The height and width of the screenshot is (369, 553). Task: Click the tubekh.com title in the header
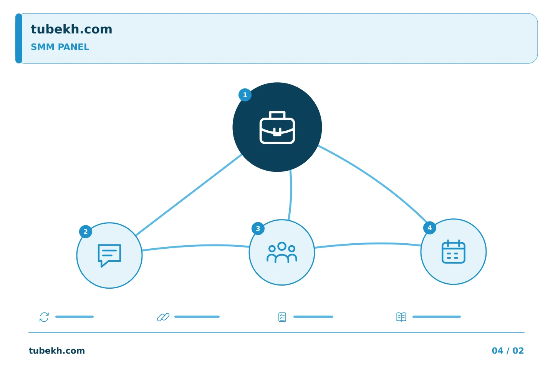click(x=71, y=29)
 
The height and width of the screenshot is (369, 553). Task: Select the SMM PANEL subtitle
click(x=60, y=47)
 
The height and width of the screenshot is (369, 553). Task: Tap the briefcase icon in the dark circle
click(x=277, y=127)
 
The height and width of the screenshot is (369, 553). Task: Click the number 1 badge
click(x=245, y=95)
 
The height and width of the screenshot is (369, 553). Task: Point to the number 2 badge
click(x=85, y=231)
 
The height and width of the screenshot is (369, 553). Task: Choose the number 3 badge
click(x=258, y=229)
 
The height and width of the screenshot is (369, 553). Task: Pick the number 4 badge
click(x=430, y=228)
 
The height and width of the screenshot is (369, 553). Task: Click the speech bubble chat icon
click(x=109, y=255)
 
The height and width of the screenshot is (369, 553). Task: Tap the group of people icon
click(x=282, y=252)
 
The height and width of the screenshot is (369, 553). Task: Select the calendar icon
click(x=454, y=252)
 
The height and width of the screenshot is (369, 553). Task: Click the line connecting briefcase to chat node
click(x=189, y=195)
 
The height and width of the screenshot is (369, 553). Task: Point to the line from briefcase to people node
click(x=291, y=195)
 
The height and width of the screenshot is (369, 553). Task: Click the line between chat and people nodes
click(x=195, y=246)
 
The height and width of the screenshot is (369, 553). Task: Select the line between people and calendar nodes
click(x=368, y=244)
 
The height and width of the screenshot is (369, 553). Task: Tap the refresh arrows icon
click(x=44, y=317)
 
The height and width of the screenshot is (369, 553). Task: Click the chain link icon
click(x=163, y=317)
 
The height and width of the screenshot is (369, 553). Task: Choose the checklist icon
click(x=282, y=317)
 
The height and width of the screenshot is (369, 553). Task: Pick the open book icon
click(x=401, y=317)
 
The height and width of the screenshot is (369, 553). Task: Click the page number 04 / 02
click(x=508, y=351)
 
